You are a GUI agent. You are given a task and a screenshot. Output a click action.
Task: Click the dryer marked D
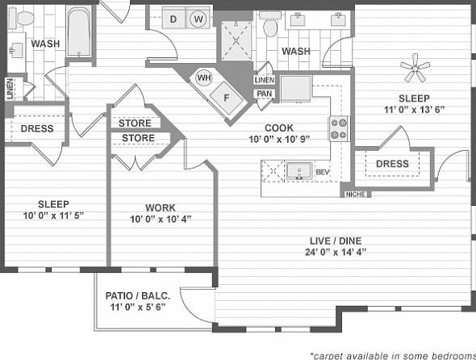click(173, 18)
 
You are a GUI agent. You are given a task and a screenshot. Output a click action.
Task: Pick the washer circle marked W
click(198, 18)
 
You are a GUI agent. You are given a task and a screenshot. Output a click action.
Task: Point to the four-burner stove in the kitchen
click(339, 128)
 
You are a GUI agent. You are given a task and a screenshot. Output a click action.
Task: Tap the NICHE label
click(354, 194)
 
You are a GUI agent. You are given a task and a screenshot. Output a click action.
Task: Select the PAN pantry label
click(264, 94)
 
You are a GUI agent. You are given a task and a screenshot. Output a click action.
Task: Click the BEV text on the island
click(323, 173)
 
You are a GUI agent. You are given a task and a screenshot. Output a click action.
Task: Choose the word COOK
click(278, 128)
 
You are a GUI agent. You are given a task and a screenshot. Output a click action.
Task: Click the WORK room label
click(160, 207)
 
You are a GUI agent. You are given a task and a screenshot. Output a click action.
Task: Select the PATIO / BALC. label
click(137, 296)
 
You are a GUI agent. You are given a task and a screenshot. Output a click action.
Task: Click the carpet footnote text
click(391, 354)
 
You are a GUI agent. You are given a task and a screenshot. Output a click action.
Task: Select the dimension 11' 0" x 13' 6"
click(415, 109)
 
